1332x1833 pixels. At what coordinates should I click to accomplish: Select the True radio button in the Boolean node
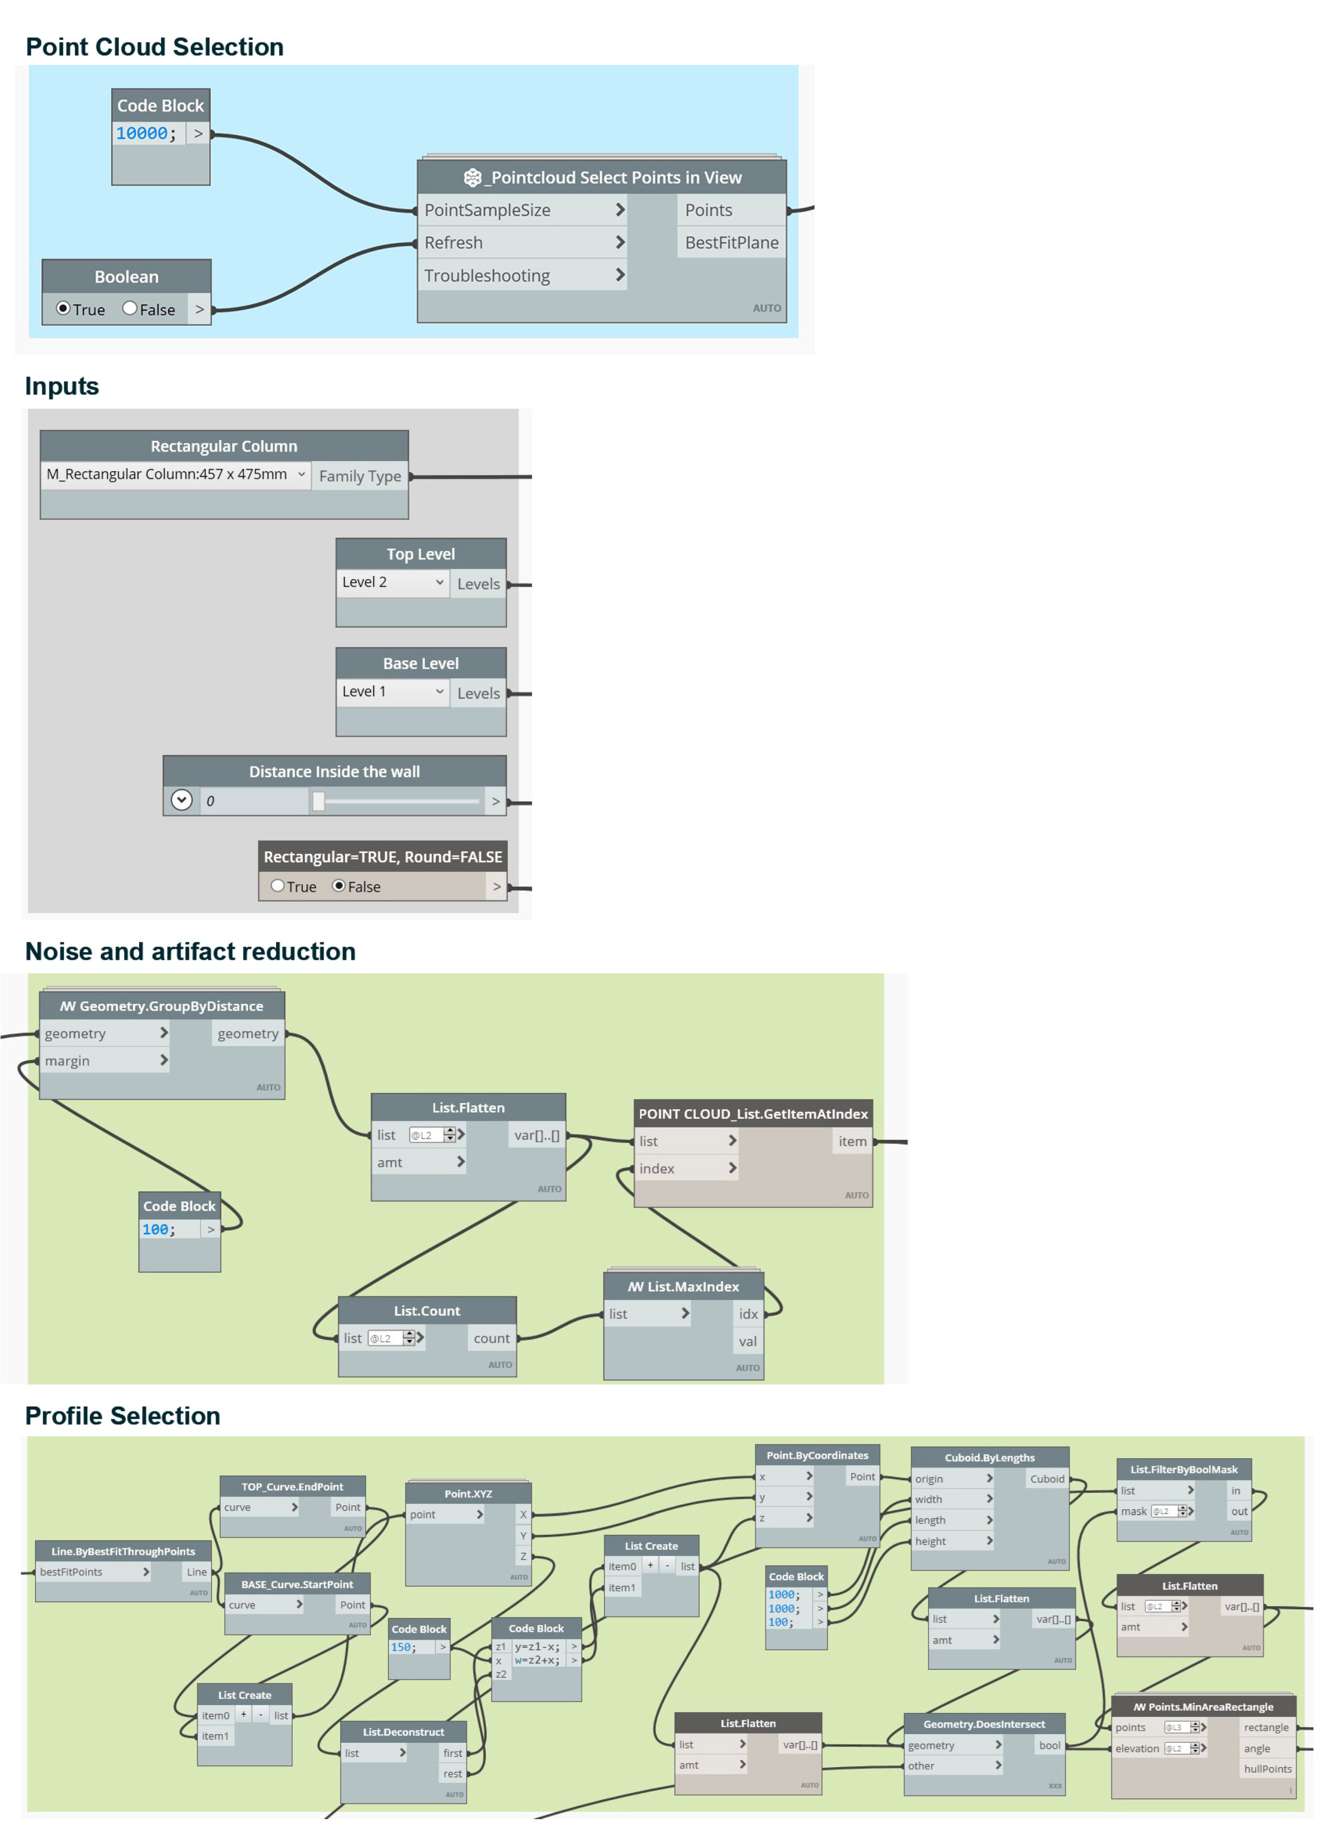pyautogui.click(x=63, y=309)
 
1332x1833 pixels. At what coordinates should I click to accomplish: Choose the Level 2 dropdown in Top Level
pyautogui.click(x=392, y=583)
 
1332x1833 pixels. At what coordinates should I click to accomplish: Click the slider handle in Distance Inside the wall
pyautogui.click(x=319, y=801)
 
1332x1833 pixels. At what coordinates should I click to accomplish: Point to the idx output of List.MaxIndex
pyautogui.click(x=748, y=1314)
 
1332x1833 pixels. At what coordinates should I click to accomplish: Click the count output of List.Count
pyautogui.click(x=492, y=1338)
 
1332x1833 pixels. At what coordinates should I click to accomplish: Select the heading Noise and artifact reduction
pyautogui.click(x=190, y=951)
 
